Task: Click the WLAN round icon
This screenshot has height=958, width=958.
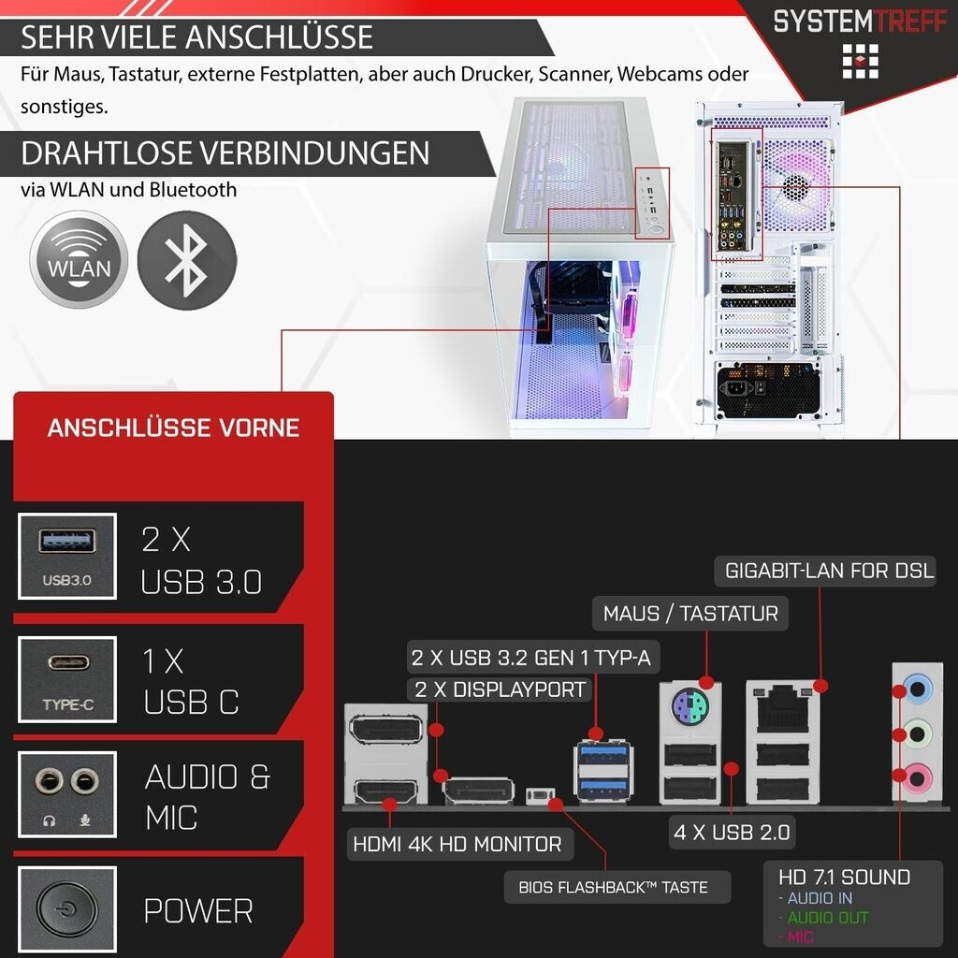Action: coord(79,259)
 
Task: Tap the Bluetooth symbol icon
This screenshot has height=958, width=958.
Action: coord(187,259)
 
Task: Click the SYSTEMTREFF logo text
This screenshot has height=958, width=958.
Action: coord(859,21)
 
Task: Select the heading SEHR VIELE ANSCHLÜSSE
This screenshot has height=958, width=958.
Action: coord(196,37)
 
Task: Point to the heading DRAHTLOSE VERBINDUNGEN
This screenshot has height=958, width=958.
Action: coord(225,152)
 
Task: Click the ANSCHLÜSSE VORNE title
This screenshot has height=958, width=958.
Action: coord(173,428)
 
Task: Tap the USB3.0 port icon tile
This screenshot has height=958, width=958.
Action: coord(66,557)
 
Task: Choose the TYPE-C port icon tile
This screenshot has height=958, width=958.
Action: coord(66,679)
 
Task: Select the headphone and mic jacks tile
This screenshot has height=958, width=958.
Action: coord(66,794)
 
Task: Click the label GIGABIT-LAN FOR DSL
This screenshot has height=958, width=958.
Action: coord(829,570)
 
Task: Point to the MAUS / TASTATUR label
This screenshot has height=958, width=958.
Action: coord(690,614)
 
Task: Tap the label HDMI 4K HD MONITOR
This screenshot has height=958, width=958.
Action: coord(457,844)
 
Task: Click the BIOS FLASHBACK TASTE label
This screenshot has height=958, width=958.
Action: coord(613,887)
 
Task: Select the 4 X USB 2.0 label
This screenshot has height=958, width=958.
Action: coord(732,831)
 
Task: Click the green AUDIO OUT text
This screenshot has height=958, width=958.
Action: coord(827,918)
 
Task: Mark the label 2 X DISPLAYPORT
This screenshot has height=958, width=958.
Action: coord(499,689)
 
